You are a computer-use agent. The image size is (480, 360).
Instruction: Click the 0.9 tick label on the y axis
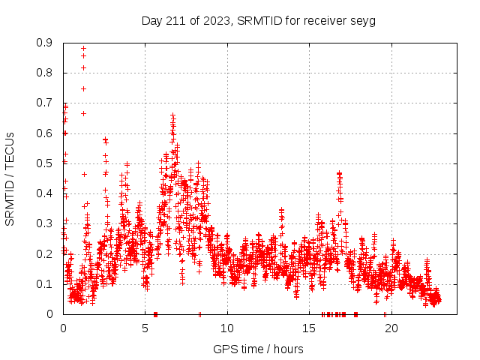[x=46, y=43]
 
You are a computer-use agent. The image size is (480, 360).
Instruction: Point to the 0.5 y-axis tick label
[x=46, y=163]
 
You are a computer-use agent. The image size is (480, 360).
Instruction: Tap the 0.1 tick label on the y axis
[x=46, y=283]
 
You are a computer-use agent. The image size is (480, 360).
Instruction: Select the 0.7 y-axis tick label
[x=46, y=103]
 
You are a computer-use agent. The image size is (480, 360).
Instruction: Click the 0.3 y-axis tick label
[x=46, y=223]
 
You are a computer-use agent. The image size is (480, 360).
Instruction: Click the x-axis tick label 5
[x=145, y=328]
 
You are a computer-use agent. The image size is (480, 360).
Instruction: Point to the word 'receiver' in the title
[x=327, y=20]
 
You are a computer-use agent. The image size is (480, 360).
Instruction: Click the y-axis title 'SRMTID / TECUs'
[x=10, y=178]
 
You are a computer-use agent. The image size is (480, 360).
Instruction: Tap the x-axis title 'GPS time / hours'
[x=258, y=349]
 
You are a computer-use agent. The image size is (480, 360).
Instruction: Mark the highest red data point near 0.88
[x=83, y=48]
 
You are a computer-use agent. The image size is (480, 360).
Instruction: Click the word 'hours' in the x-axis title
[x=289, y=349]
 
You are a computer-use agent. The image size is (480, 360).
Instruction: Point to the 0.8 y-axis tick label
[x=46, y=73]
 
